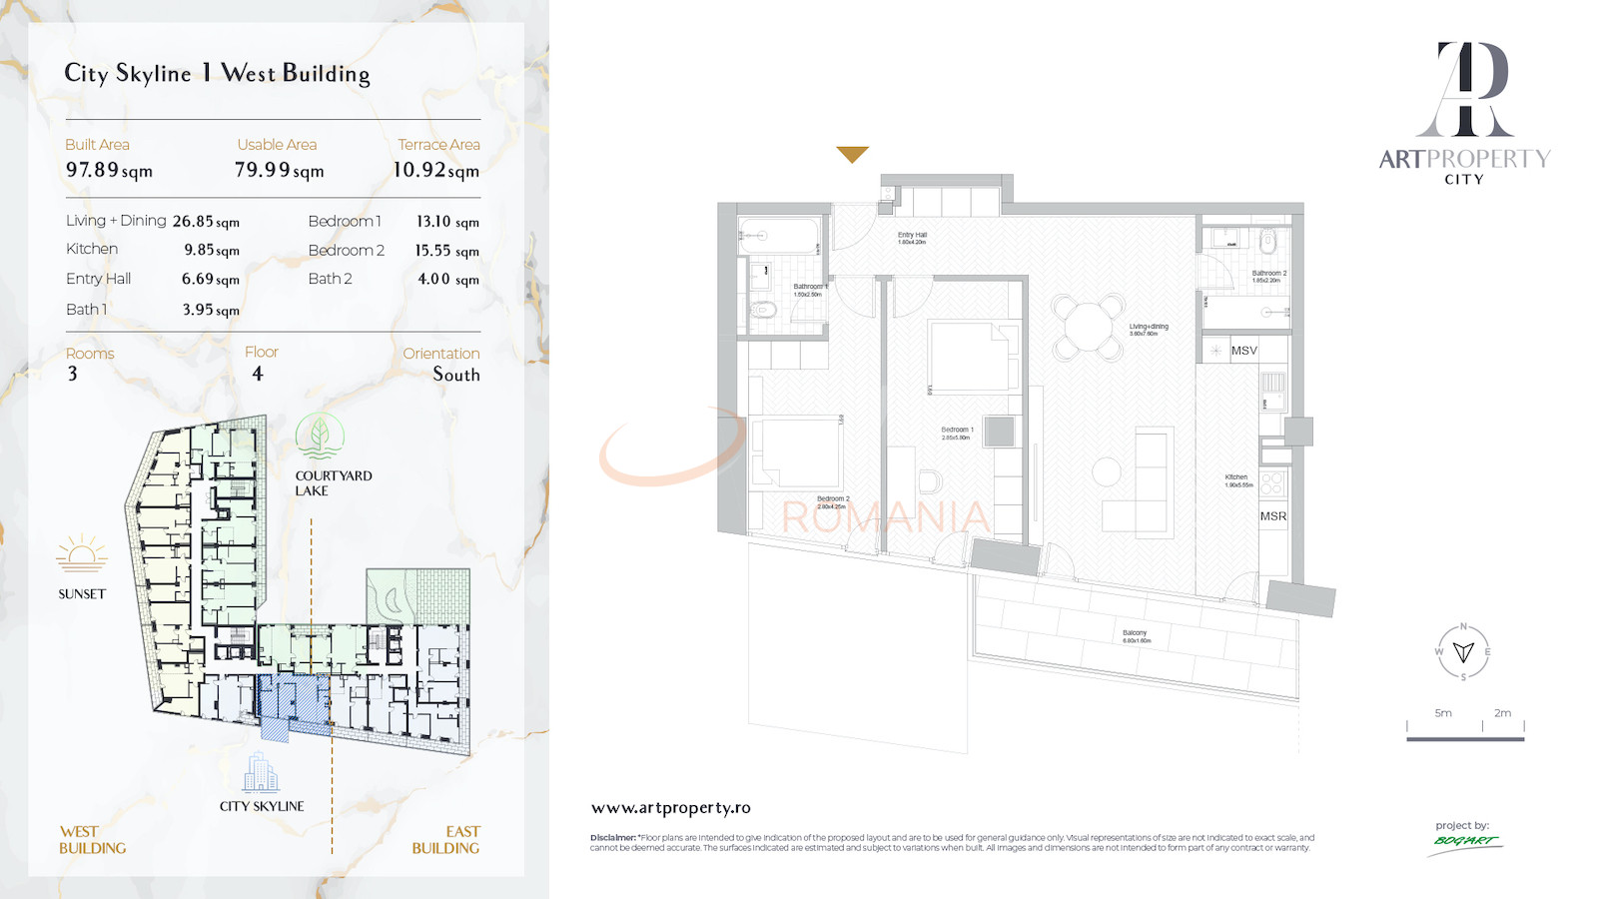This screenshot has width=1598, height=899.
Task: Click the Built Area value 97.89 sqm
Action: tap(109, 170)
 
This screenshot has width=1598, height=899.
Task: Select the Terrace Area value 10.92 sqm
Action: tap(435, 170)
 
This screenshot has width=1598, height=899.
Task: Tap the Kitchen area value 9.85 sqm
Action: tap(211, 250)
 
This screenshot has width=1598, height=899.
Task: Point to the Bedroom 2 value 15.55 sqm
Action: tap(446, 251)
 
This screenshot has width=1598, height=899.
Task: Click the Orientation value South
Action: tap(455, 375)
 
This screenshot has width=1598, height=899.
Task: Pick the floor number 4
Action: tap(258, 374)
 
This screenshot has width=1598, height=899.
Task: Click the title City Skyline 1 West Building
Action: tap(217, 73)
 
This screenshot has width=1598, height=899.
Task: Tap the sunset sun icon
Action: tap(81, 554)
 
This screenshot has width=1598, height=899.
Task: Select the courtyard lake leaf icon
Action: tap(320, 437)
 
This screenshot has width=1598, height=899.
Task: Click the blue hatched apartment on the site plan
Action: tap(294, 703)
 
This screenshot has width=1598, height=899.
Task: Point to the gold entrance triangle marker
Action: tap(852, 154)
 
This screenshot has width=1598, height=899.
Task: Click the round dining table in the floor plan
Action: tap(1087, 326)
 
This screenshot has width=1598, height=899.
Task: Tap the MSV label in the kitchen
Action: tap(1243, 351)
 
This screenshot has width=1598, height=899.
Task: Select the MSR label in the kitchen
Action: tap(1272, 516)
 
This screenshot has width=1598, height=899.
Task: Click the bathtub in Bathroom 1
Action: tap(780, 236)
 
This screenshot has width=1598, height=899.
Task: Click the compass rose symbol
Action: tap(1463, 651)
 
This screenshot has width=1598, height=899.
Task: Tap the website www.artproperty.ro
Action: tap(670, 808)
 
